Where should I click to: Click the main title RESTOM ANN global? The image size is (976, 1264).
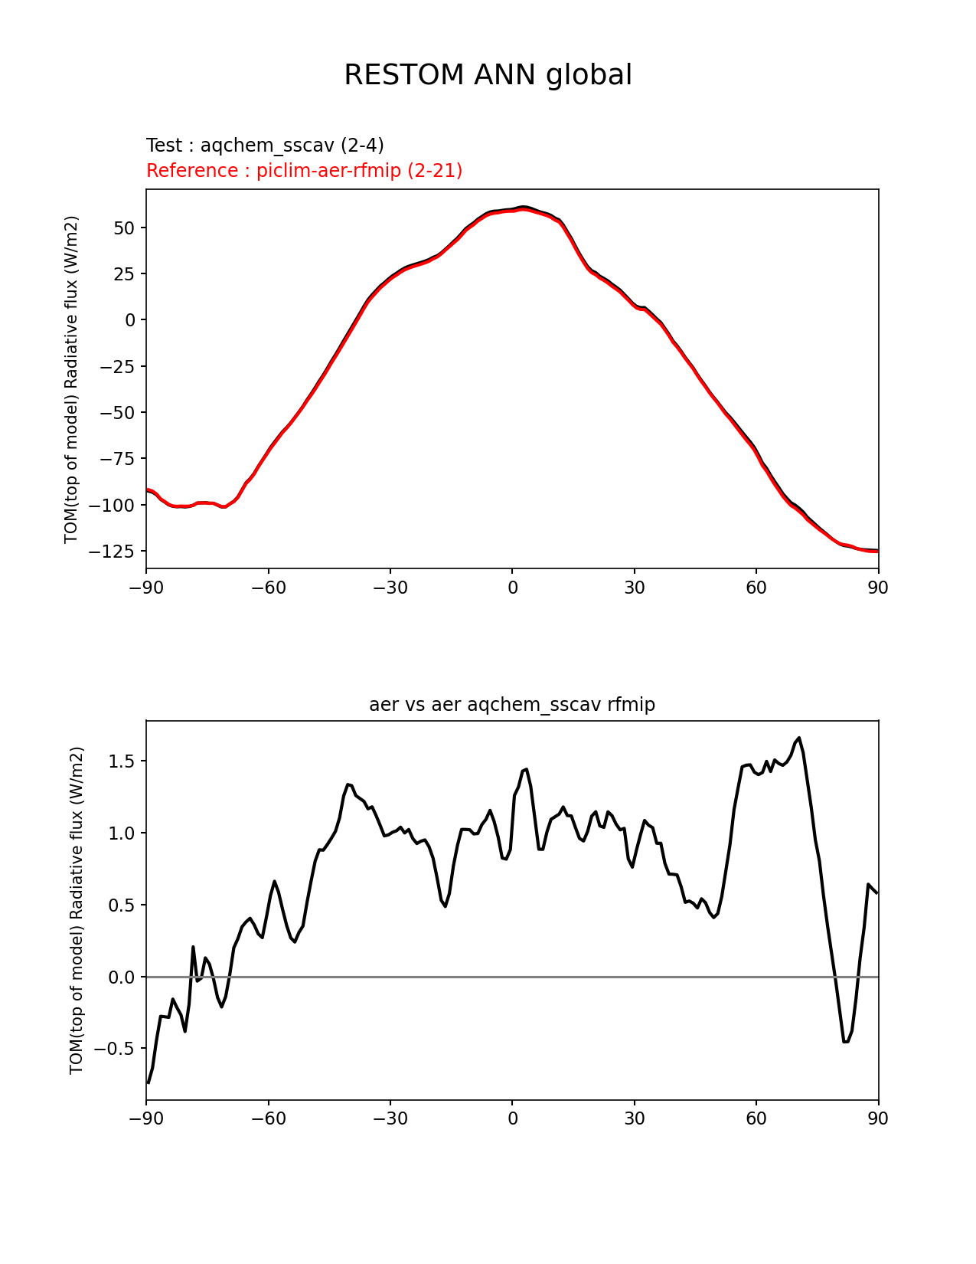(x=488, y=75)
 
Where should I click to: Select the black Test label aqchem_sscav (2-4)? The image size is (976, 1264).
(x=292, y=145)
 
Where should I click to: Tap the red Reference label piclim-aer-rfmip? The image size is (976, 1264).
(x=328, y=170)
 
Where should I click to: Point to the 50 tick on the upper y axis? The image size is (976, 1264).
(x=124, y=228)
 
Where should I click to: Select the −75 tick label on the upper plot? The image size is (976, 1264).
(x=117, y=459)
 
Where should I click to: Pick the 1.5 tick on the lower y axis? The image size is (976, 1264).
(x=122, y=761)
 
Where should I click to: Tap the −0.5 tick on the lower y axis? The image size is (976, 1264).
(x=115, y=1049)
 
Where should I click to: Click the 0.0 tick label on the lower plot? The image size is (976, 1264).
(x=122, y=977)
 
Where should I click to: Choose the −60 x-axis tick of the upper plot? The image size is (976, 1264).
(x=269, y=588)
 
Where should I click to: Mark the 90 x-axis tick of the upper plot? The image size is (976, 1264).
(x=878, y=588)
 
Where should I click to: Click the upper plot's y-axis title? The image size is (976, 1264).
(x=71, y=380)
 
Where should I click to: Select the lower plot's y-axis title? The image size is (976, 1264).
(x=76, y=911)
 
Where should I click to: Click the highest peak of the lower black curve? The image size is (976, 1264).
(x=798, y=738)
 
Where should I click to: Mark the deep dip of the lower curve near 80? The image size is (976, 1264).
(x=846, y=1041)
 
